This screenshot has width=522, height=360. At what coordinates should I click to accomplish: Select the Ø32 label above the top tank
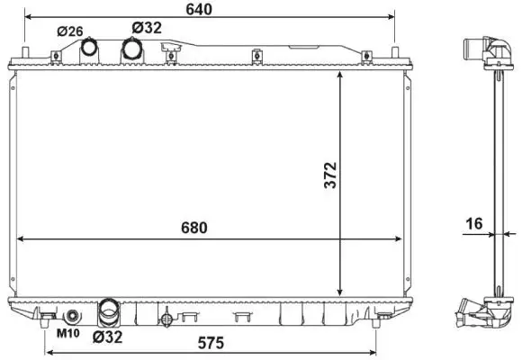pos(146,27)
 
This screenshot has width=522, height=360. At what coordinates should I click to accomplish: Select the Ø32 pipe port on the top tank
pos(132,50)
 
